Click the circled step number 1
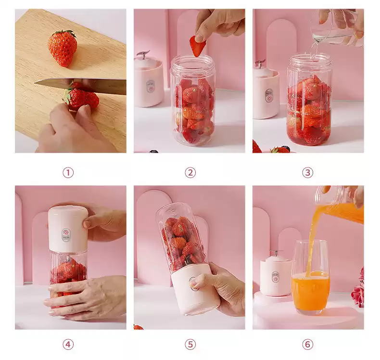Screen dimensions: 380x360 point(68,173)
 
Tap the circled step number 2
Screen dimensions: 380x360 point(190,173)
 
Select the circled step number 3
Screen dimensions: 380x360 point(307,173)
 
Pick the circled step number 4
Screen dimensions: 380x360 point(68,345)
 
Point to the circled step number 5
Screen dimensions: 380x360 point(190,345)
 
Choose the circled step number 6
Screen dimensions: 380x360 point(307,345)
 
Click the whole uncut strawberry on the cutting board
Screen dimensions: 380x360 point(63,48)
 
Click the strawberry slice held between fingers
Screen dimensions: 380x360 point(197,46)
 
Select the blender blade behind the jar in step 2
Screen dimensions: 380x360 point(143,54)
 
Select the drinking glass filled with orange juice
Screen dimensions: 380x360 point(311,277)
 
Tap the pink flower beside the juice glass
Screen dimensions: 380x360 point(358,290)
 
